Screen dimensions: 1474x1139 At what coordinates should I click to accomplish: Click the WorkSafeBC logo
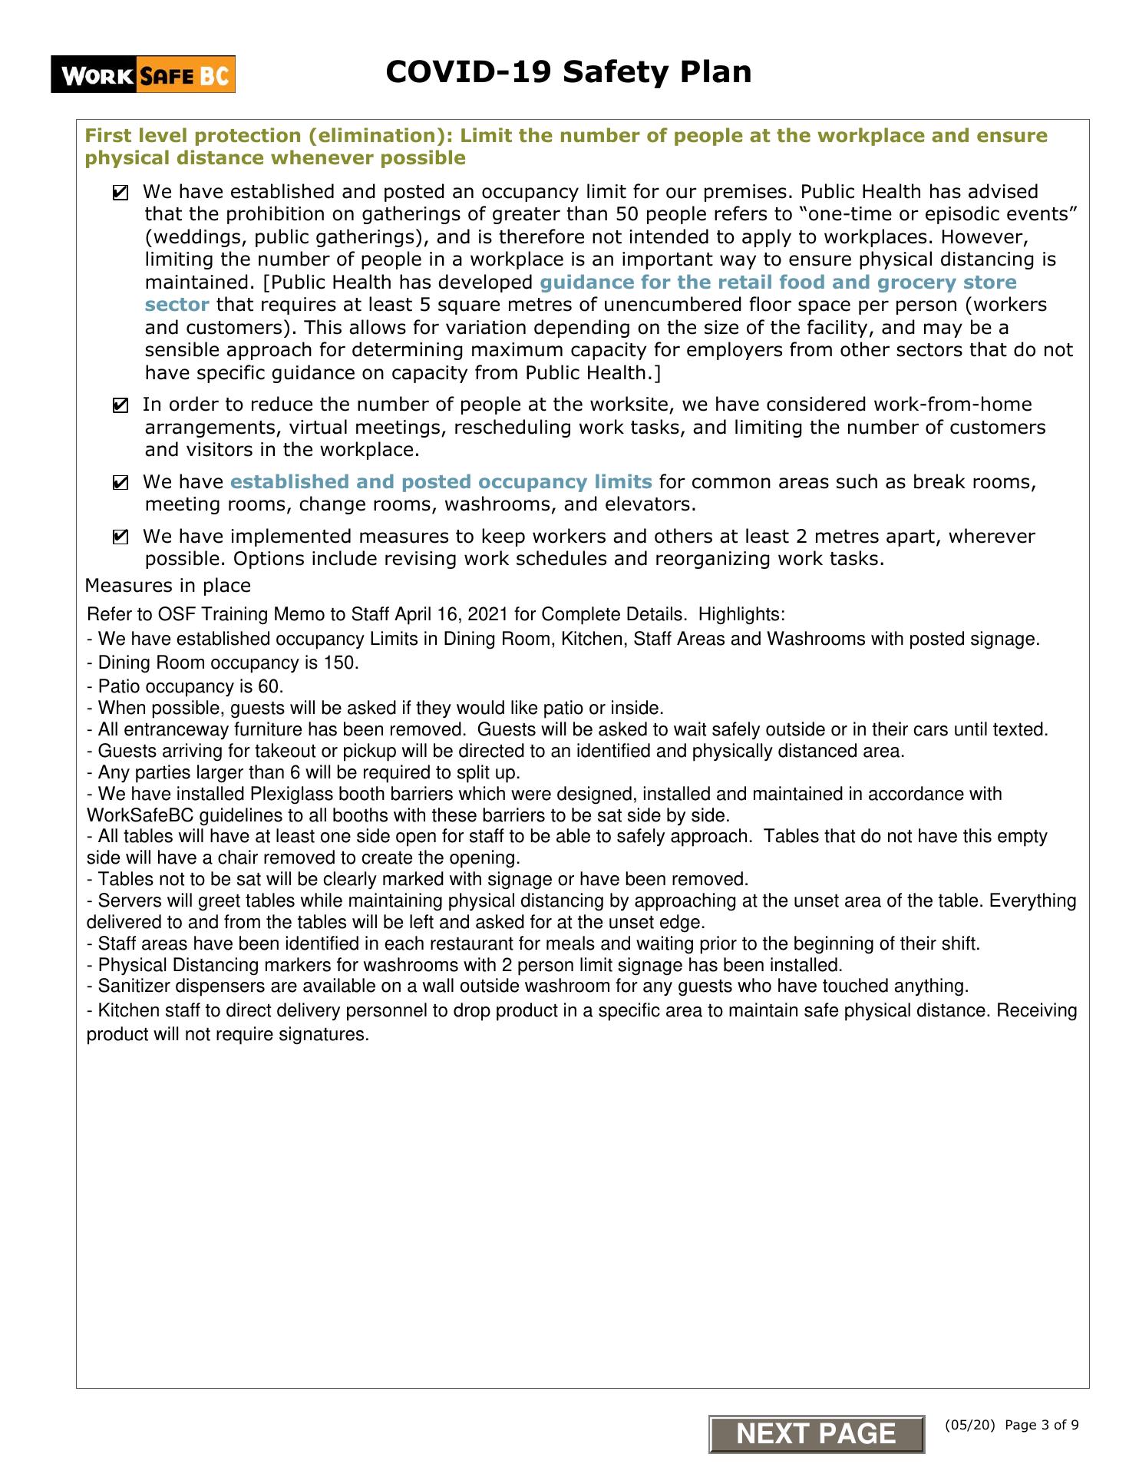[143, 75]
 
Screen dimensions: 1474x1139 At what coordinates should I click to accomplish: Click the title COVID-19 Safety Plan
[568, 72]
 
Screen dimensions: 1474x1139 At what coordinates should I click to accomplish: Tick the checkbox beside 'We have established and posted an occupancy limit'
[121, 193]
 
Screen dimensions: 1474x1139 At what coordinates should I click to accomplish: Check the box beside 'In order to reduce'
[121, 406]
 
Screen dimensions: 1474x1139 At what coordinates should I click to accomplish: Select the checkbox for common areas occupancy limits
[121, 484]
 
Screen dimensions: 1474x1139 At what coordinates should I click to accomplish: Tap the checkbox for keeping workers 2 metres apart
[121, 538]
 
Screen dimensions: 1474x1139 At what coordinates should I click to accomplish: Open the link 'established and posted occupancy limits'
[441, 482]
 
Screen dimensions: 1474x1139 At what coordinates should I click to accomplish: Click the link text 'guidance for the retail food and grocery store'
[777, 283]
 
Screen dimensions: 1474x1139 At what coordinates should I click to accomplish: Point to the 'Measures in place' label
[167, 586]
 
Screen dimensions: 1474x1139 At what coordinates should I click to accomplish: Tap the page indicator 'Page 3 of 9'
[1041, 1426]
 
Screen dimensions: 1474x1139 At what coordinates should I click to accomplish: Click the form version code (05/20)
[970, 1426]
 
